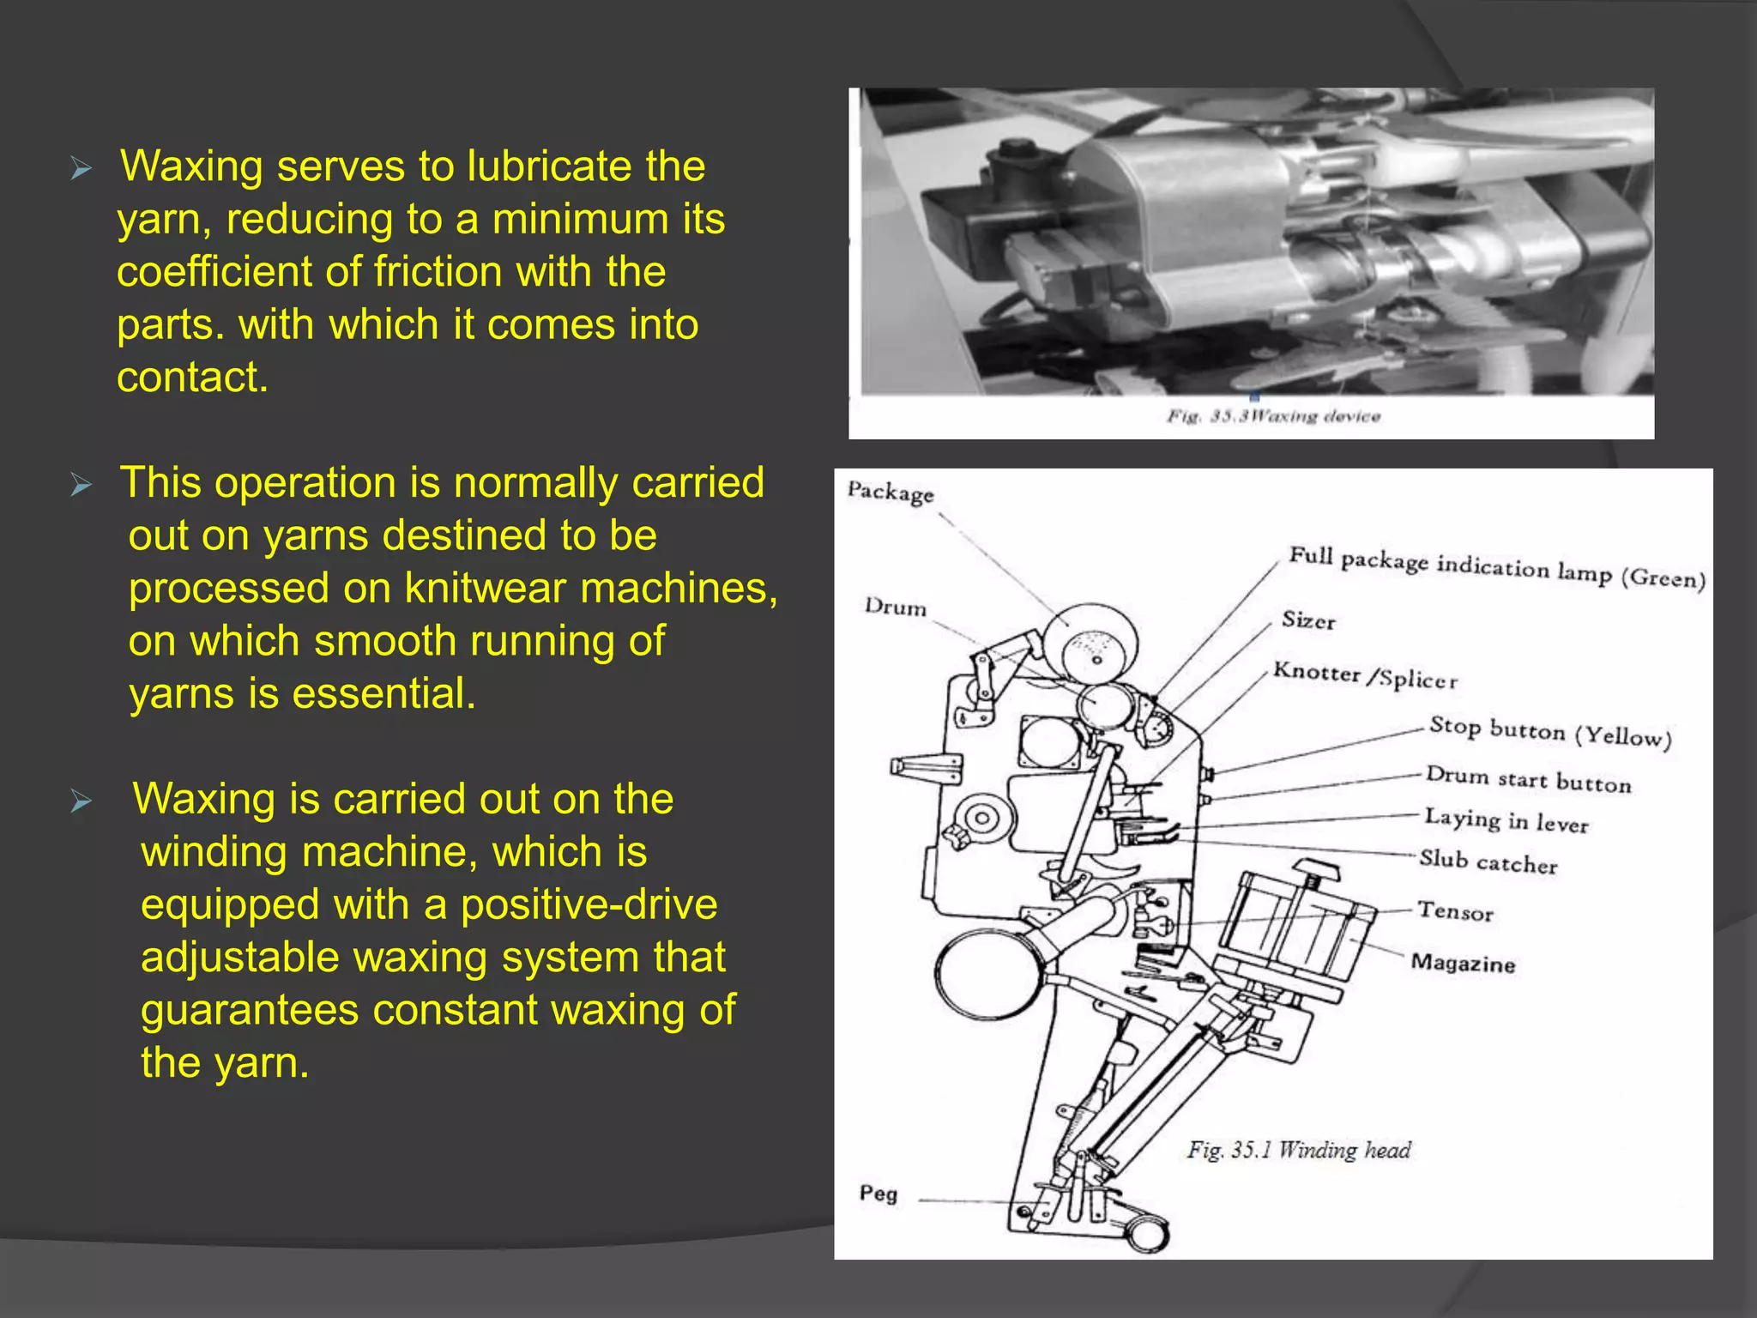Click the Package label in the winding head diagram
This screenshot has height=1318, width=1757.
(890, 493)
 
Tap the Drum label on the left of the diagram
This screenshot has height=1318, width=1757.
(895, 607)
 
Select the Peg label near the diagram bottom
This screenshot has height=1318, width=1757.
(878, 1194)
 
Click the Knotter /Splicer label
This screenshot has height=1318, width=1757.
(1365, 675)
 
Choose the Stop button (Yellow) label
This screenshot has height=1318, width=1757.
(1550, 732)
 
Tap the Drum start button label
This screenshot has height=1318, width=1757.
(1528, 779)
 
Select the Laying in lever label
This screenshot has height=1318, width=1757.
(1506, 820)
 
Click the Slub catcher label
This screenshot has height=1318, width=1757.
(1488, 862)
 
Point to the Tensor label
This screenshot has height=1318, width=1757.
(1455, 911)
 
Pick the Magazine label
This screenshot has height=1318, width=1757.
(1463, 964)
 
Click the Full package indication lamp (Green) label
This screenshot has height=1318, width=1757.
(1497, 567)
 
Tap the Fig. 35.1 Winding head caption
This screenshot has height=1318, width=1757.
(1299, 1150)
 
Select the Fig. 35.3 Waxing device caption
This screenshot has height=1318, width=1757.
(1273, 417)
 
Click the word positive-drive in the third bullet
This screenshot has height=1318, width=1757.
(589, 905)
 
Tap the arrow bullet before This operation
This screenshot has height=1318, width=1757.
(81, 485)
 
